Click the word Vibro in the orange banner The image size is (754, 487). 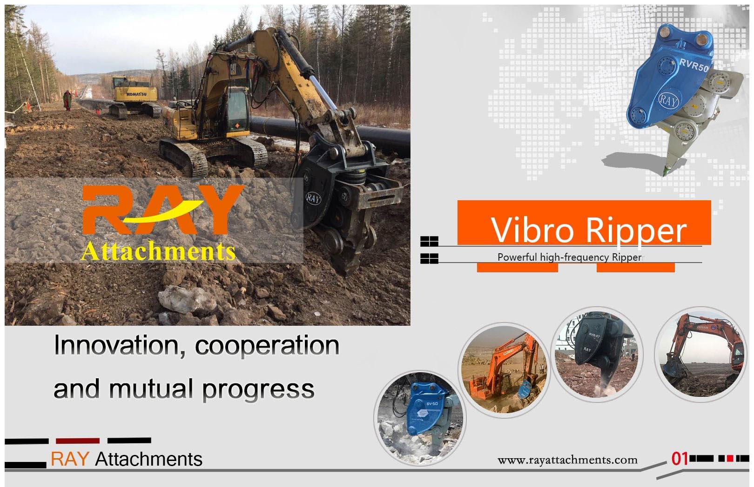point(532,230)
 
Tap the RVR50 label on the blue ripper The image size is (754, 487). point(694,65)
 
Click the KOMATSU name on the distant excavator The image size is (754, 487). point(136,94)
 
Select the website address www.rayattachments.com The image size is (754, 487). point(567,460)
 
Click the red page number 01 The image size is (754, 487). point(680,459)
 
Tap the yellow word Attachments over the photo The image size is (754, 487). point(158,251)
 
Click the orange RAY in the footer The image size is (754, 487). point(70,459)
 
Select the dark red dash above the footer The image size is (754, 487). point(78,441)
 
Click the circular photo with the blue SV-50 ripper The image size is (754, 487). point(420,418)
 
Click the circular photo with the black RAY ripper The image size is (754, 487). point(598,354)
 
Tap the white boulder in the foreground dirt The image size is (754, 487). point(187,299)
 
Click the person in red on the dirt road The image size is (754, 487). point(67,100)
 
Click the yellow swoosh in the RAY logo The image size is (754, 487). point(164,212)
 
